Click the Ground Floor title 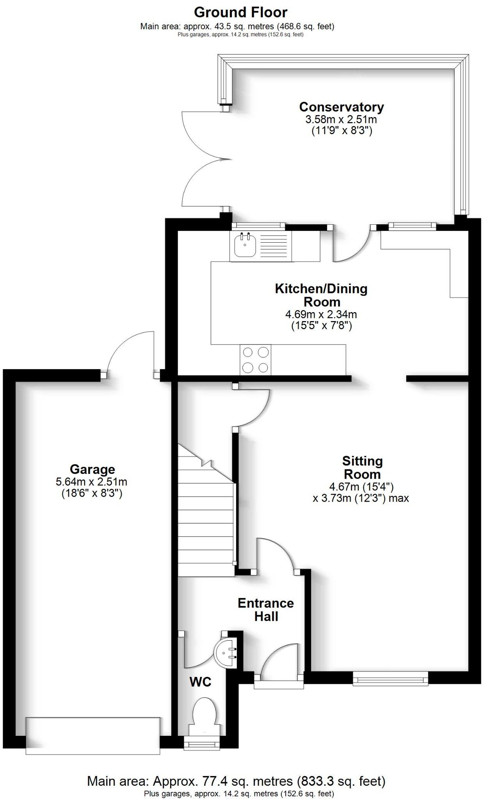pos(241,12)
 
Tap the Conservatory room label pos(341,107)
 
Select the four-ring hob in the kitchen pos(256,360)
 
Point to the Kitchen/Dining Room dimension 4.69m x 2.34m pos(321,314)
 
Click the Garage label pos(92,469)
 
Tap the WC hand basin pos(226,651)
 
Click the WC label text pos(200,682)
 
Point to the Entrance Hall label pos(266,610)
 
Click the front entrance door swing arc pos(279,659)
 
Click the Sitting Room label pos(362,467)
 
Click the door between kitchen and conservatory pos(351,246)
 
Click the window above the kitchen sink pos(258,225)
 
